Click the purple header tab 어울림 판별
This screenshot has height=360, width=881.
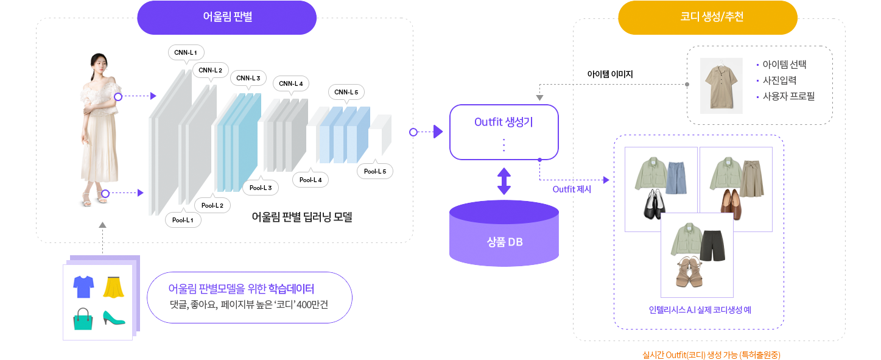pos(227,17)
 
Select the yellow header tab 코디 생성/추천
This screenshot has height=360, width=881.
pos(707,17)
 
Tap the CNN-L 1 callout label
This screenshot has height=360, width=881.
pos(185,52)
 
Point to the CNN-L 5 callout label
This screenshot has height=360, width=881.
pos(346,92)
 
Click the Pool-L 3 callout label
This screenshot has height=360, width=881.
pos(261,187)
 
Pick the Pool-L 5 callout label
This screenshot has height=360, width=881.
pos(374,171)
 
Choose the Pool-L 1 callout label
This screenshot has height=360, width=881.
pos(183,220)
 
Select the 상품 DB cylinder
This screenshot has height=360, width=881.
pos(504,238)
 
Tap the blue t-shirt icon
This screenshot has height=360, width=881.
pos(83,286)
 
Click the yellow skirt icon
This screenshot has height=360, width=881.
pos(113,287)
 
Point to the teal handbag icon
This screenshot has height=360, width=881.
pos(83,319)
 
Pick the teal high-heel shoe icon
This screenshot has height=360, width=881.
pos(113,318)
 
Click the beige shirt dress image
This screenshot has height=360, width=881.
pos(721,85)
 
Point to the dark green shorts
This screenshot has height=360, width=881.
pos(713,245)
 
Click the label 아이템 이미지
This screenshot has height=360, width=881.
pos(610,74)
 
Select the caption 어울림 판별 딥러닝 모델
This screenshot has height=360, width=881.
pos(302,217)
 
